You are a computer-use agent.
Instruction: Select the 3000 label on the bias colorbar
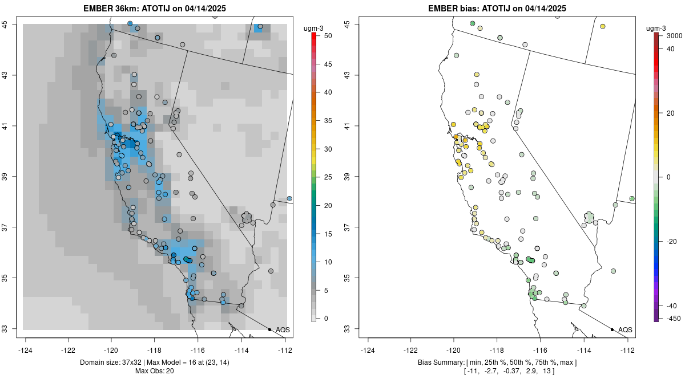(674, 35)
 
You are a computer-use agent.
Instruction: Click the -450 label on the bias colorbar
(674, 318)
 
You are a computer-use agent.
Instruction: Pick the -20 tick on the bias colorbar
(672, 241)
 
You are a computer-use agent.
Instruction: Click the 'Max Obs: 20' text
(155, 371)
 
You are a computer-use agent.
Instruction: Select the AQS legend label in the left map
(283, 329)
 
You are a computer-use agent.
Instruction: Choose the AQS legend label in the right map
(625, 329)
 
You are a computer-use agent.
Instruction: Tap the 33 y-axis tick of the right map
(348, 329)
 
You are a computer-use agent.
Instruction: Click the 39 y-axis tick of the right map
(348, 177)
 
